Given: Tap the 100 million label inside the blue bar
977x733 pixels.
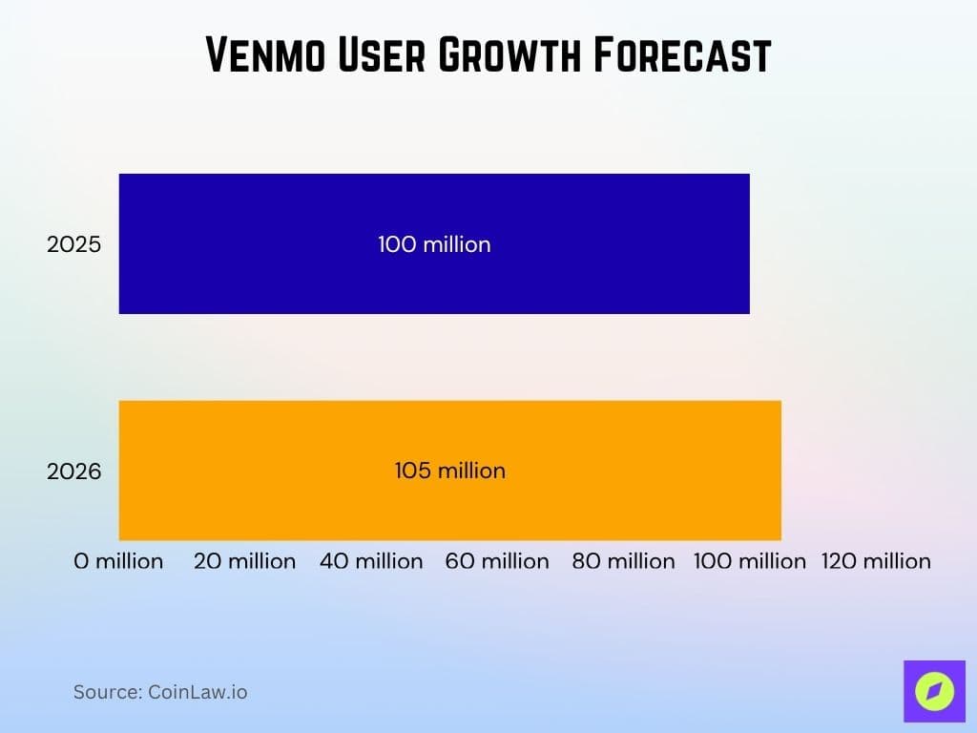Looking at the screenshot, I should click(434, 244).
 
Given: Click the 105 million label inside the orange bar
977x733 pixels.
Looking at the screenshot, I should click(449, 471).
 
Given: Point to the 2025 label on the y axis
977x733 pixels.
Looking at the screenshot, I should click(73, 244).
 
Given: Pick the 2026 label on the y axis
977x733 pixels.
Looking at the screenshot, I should click(73, 471).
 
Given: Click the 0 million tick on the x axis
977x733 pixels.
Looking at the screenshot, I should click(118, 561).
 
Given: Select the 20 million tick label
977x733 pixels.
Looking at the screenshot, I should click(244, 561).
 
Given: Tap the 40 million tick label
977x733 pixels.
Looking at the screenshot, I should click(371, 561).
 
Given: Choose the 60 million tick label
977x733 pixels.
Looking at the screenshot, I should click(497, 561).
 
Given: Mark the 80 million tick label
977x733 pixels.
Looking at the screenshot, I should click(623, 561).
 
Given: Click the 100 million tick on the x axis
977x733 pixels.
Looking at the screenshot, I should click(749, 561).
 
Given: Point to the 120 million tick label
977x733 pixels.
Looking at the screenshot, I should click(876, 561).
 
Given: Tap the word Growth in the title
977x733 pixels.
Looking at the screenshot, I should click(509, 56).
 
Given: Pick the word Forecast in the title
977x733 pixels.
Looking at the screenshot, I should click(681, 56).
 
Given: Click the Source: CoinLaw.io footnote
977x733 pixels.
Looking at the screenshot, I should click(160, 692).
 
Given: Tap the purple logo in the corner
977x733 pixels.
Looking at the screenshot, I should click(934, 690).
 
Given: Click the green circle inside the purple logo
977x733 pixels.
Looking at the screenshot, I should click(934, 690).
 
